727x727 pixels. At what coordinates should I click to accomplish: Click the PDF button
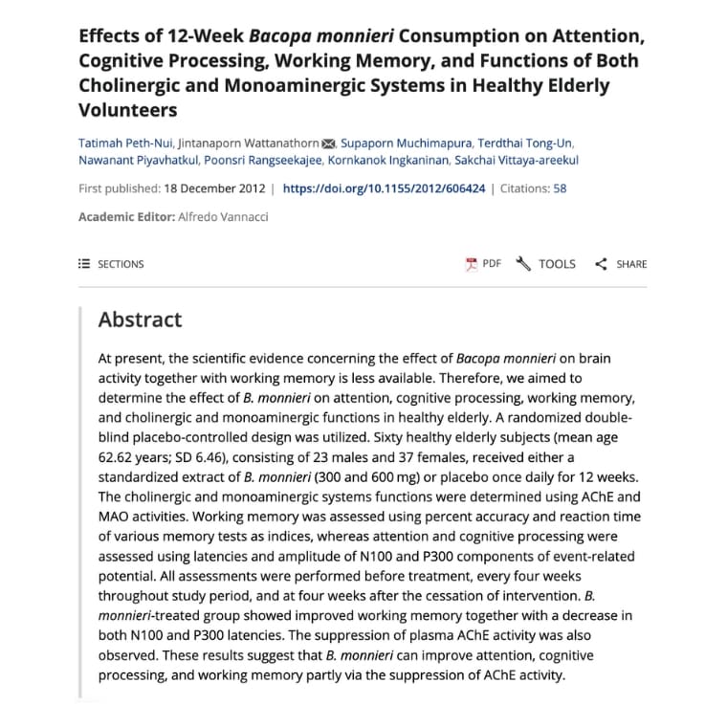484,264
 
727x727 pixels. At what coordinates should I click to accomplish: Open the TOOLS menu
546,264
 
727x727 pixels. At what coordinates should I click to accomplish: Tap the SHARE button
621,264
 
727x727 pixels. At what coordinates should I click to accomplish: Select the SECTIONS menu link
111,264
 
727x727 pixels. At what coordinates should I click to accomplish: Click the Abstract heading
140,319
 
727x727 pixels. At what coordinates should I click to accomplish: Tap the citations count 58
560,188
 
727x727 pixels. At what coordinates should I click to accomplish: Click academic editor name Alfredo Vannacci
223,217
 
